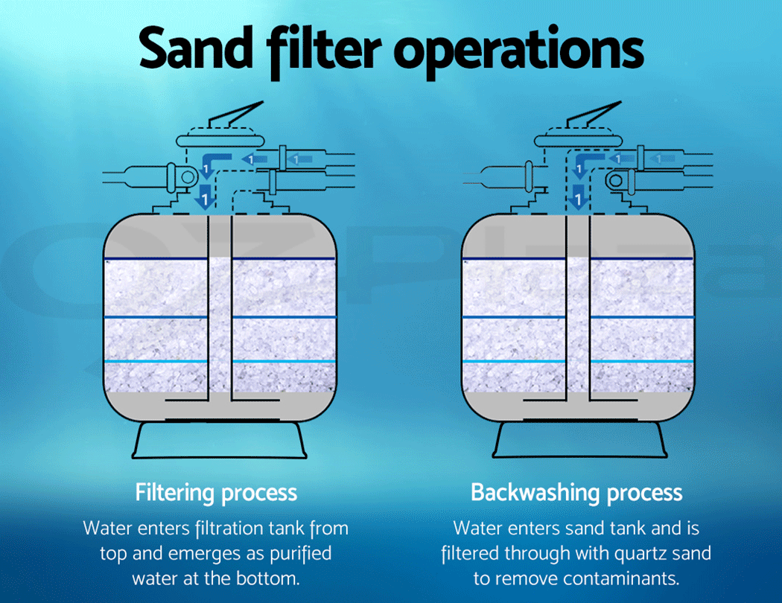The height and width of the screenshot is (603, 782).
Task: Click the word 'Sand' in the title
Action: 195,48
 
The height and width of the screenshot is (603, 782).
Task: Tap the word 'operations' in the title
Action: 518,50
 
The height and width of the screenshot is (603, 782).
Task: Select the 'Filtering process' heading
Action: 216,492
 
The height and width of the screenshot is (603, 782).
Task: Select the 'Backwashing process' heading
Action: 576,492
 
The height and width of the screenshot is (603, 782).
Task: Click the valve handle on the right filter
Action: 594,118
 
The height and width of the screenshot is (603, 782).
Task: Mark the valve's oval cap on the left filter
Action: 220,140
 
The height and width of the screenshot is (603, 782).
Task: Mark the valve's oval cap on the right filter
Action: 578,140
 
